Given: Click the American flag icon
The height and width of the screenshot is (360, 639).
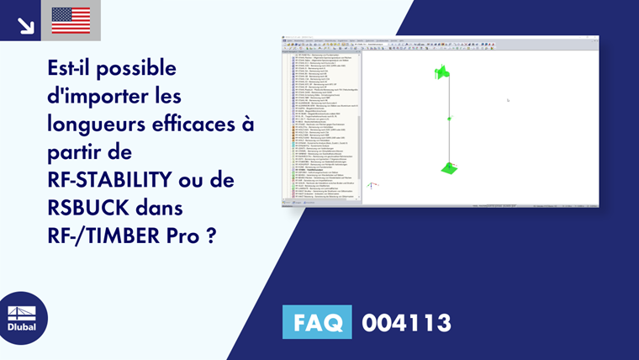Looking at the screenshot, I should click(x=71, y=20).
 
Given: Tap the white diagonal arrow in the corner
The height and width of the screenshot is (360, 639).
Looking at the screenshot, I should click(x=24, y=23).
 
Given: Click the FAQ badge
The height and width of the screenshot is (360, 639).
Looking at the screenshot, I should click(x=317, y=322).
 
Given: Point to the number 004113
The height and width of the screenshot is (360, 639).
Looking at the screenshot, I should click(x=406, y=322).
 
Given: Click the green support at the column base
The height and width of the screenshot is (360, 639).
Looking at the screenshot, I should click(x=450, y=168).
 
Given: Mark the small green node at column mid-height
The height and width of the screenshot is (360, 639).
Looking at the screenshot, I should click(x=450, y=119).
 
